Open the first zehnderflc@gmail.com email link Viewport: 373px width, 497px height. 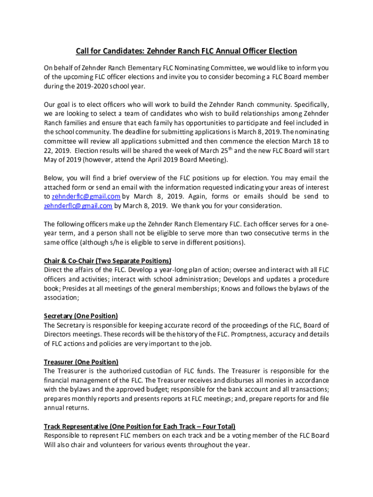pyautogui.click(x=86, y=197)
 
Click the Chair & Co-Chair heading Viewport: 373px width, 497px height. pyautogui.click(x=108, y=261)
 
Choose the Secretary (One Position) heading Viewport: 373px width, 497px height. pyautogui.click(x=81, y=316)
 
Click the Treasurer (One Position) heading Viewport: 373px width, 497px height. pyautogui.click(x=81, y=362)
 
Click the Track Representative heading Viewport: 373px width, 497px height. pyautogui.click(x=140, y=426)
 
